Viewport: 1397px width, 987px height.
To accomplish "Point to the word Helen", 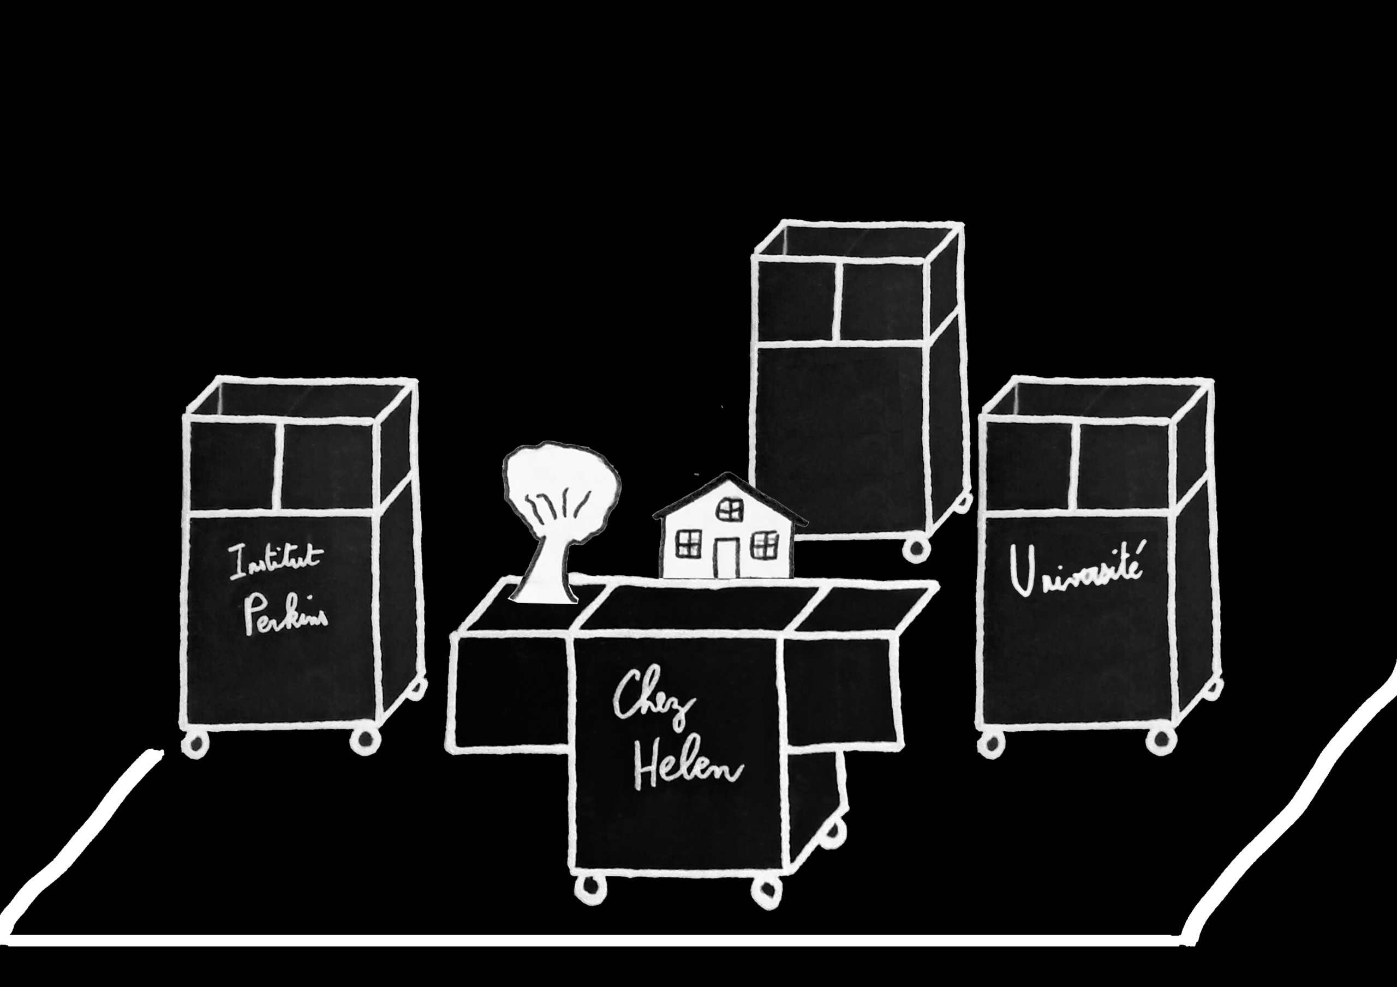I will point(684,773).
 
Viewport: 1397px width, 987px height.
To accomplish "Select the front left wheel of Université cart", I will point(992,743).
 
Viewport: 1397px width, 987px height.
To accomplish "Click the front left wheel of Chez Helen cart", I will point(590,891).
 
